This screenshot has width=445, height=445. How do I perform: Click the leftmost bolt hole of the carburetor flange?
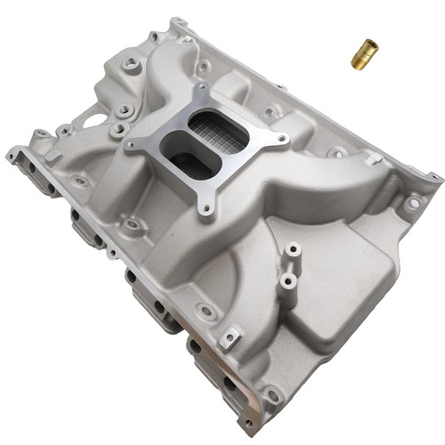point(132,144)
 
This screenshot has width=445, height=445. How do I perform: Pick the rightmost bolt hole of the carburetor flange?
point(282,140)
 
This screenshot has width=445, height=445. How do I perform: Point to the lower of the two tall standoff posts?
point(287,283)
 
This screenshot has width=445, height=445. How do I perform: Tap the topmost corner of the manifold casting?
point(178,21)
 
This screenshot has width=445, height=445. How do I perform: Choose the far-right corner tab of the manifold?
point(433,178)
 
